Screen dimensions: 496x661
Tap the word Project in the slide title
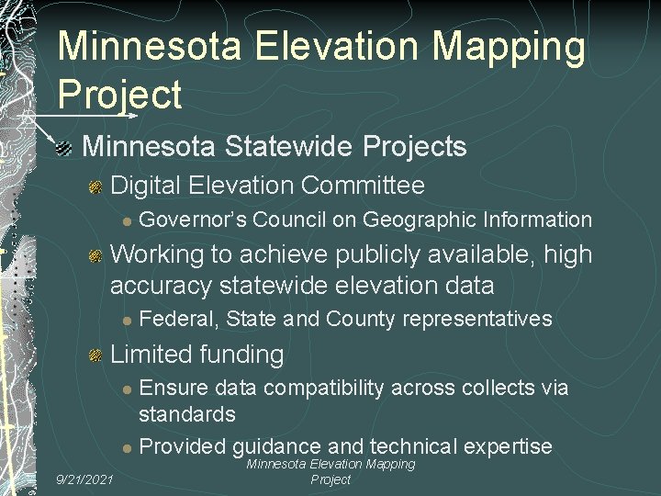[x=119, y=95]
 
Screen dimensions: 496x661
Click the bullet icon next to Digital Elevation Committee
[x=95, y=187]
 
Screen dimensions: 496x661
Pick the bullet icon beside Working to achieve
[x=95, y=256]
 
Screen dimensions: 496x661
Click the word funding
[x=239, y=354]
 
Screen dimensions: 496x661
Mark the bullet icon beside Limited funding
[x=95, y=355]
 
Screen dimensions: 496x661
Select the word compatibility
[x=317, y=388]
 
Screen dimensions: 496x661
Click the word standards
[x=187, y=414]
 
